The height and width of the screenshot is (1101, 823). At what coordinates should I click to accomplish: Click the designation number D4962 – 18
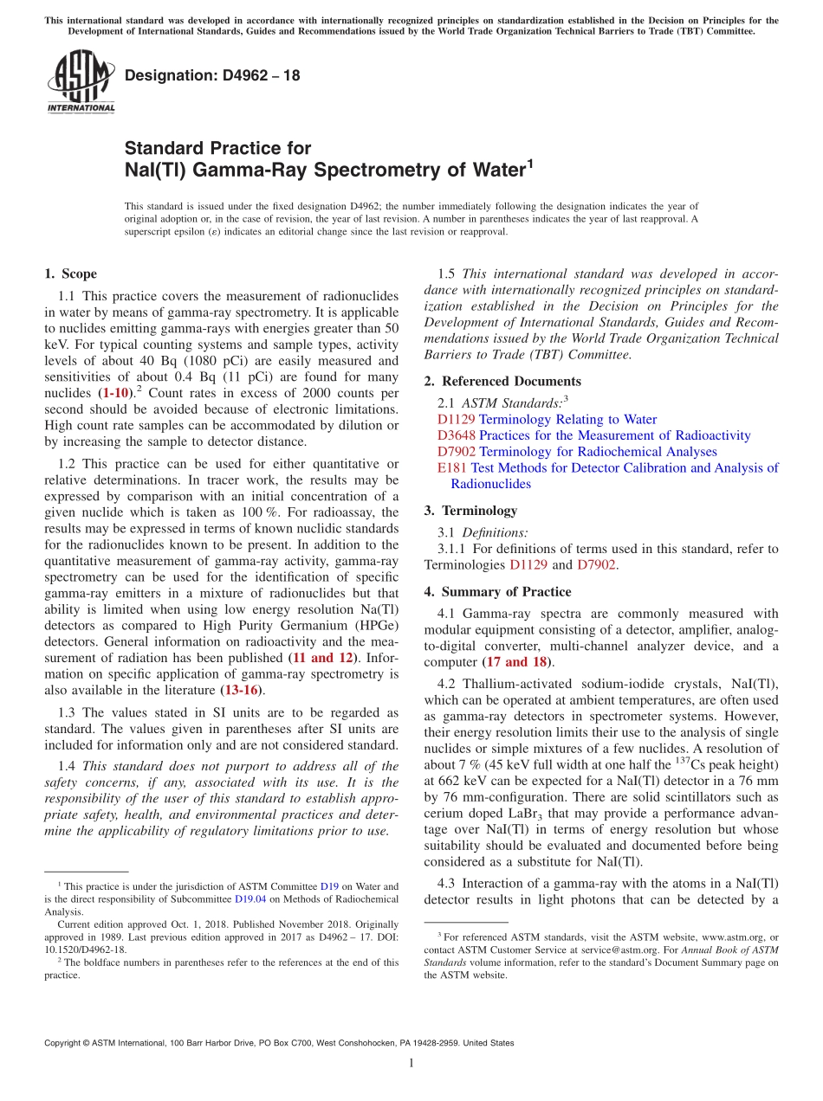(212, 75)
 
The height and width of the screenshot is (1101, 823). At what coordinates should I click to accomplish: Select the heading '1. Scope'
(70, 274)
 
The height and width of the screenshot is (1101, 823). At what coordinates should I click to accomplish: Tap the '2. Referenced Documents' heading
(502, 381)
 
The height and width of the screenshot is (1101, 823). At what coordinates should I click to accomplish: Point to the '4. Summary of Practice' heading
(497, 592)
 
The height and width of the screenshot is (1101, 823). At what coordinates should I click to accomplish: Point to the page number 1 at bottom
(411, 1064)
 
